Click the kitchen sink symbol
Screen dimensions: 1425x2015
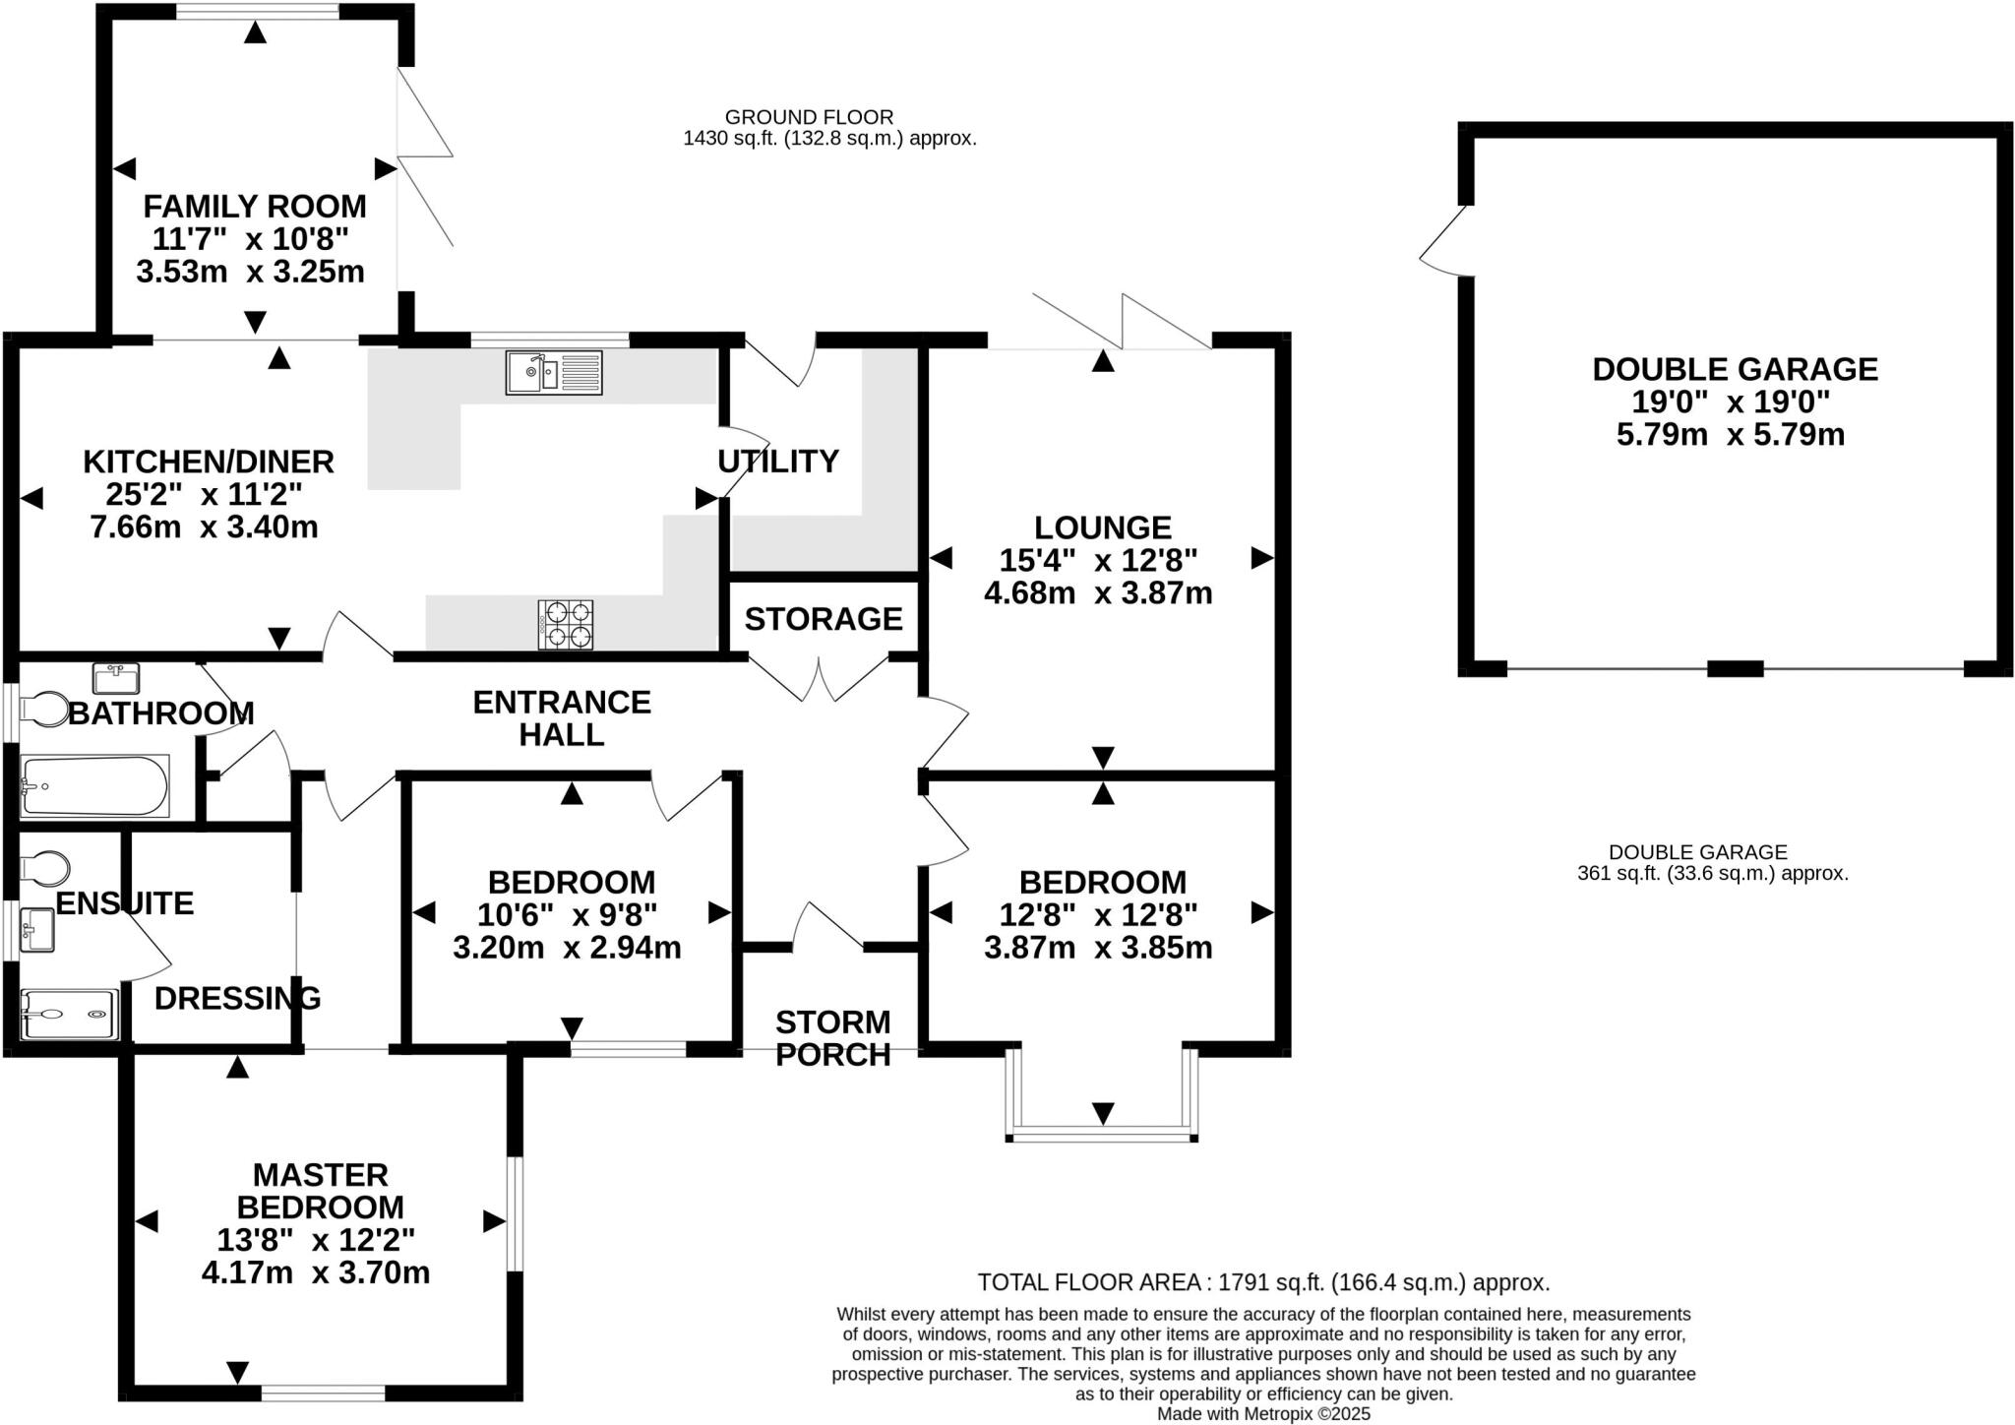553,373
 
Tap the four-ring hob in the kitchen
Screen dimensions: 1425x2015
566,624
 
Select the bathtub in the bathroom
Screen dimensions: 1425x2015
94,785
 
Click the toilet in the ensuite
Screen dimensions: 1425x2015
45,868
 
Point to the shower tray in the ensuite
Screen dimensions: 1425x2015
69,1014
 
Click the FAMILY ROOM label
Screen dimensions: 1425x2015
255,207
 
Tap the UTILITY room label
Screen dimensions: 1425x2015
777,461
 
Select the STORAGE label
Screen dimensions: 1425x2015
824,619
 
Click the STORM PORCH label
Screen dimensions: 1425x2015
833,1038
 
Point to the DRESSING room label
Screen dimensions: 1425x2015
237,998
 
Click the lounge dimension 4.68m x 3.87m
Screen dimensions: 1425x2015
1098,593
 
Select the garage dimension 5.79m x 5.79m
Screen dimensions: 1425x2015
1731,434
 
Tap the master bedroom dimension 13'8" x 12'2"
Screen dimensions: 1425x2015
316,1239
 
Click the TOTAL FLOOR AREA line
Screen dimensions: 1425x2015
1263,1282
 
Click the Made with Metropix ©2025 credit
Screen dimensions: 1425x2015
1263,1414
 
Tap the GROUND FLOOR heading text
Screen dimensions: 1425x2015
809,117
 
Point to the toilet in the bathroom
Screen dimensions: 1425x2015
43,710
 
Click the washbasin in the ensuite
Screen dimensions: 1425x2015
37,930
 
